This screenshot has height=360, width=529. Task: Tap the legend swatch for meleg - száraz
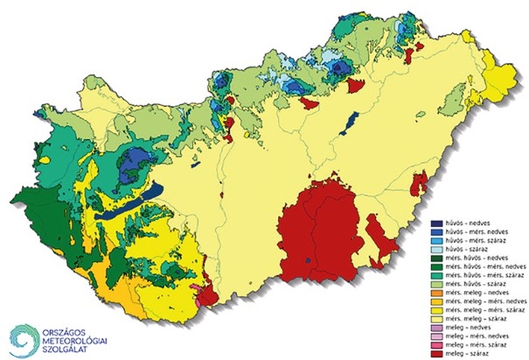click(x=437, y=354)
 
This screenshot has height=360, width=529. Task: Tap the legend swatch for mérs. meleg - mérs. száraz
click(x=437, y=310)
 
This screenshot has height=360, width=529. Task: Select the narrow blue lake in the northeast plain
click(x=348, y=124)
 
